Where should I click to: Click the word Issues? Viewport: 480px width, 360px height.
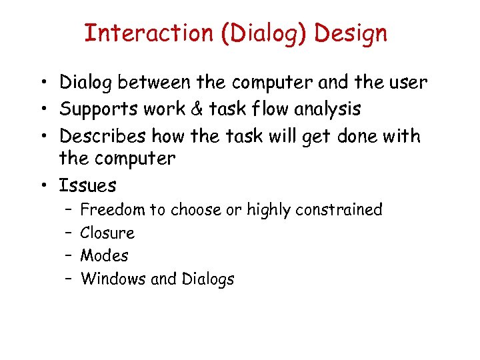(87, 185)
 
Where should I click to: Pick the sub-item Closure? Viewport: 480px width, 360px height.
(107, 233)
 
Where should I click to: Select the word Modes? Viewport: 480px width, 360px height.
(105, 255)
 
